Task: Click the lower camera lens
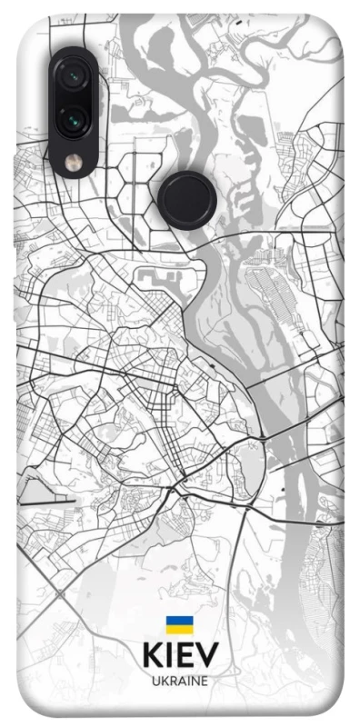coord(70,117)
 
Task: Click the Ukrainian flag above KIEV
coord(179,624)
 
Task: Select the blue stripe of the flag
coord(179,620)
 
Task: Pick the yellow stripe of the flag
coord(179,629)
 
